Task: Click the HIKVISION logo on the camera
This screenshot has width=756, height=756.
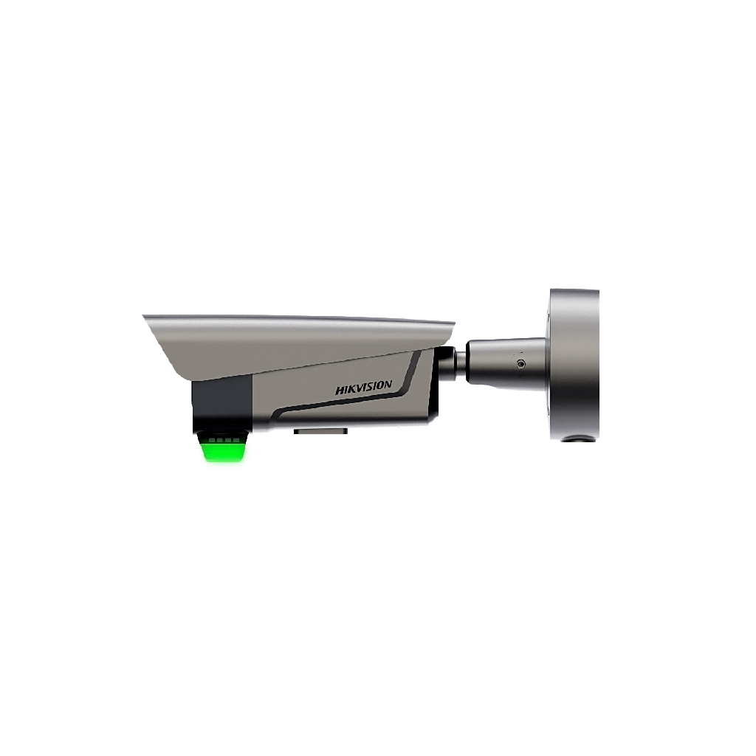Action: pyautogui.click(x=364, y=388)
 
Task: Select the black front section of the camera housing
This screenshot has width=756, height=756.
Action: pyautogui.click(x=222, y=402)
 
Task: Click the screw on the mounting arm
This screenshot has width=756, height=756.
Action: pyautogui.click(x=521, y=364)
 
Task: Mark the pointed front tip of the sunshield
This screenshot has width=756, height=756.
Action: pyautogui.click(x=143, y=317)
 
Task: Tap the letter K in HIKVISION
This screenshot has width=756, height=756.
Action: pyautogui.click(x=351, y=390)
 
